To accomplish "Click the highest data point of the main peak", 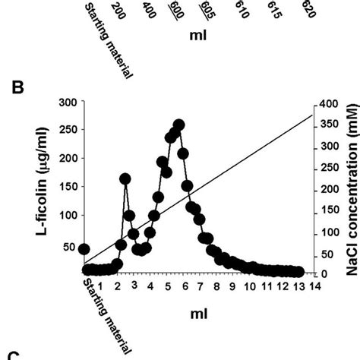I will [x=179, y=125].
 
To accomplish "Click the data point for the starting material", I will [x=84, y=249].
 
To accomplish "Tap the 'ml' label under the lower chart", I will [x=199, y=312].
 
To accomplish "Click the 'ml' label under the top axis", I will [x=199, y=35].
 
